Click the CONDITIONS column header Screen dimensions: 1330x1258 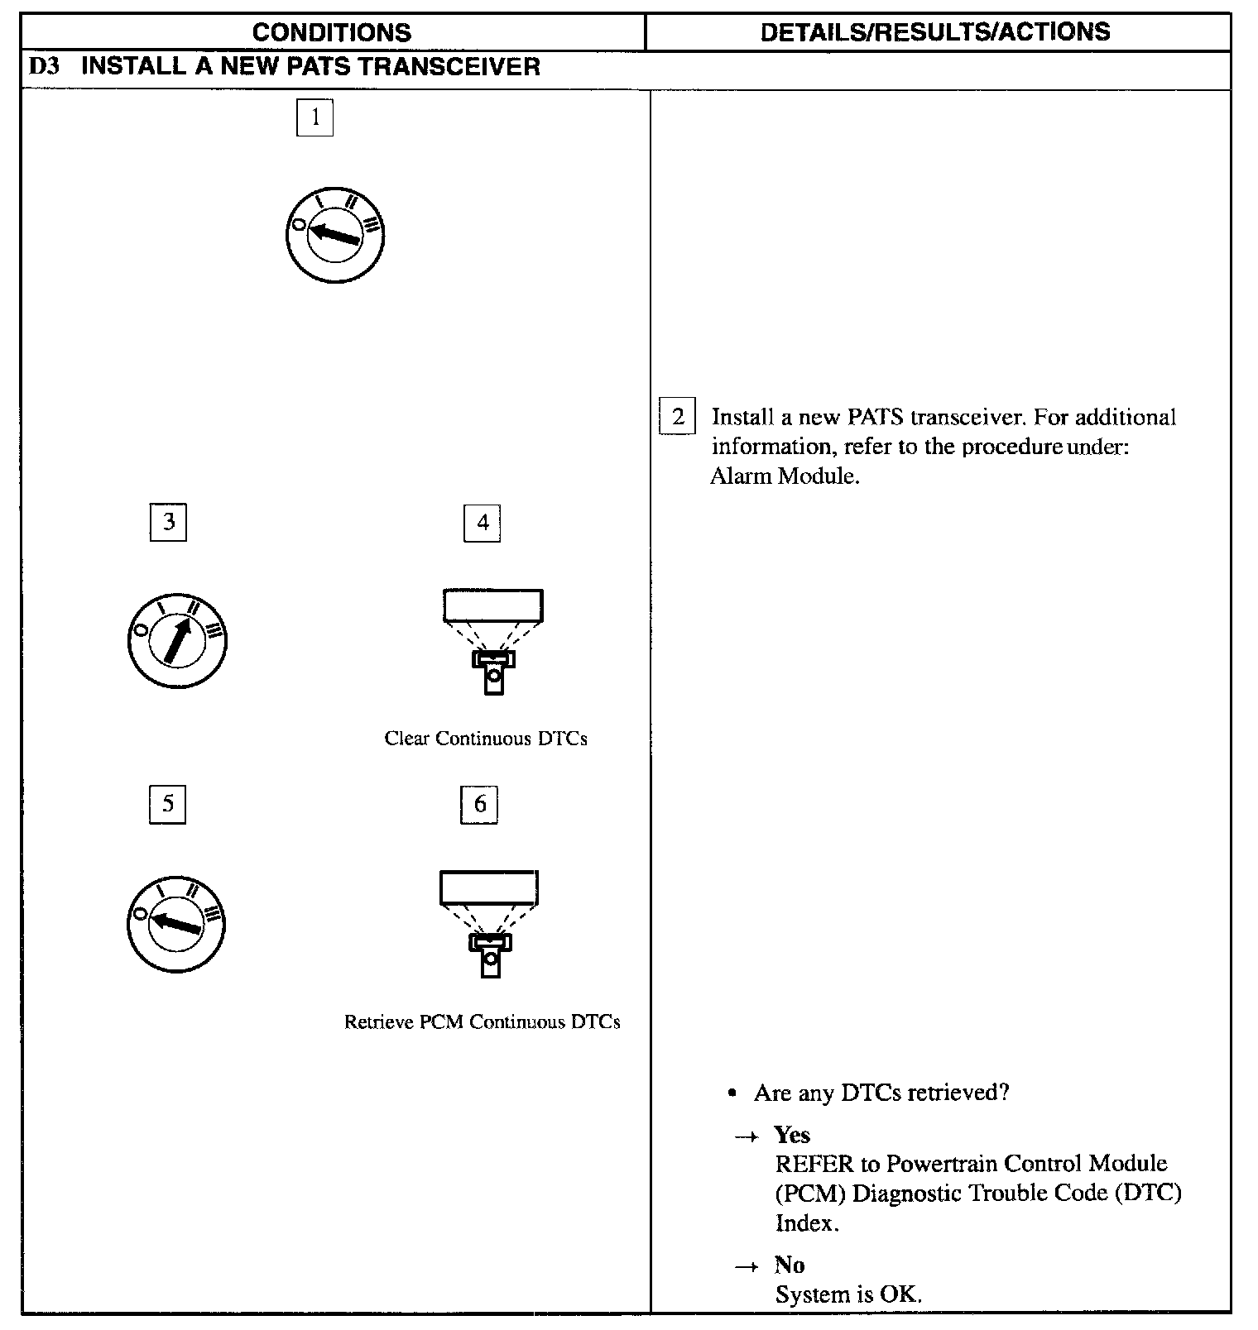[x=332, y=32]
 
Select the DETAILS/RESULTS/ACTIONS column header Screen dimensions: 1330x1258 [x=935, y=31]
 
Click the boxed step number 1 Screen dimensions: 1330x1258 [x=314, y=117]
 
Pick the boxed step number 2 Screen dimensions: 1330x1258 [x=678, y=416]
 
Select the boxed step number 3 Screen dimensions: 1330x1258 [x=168, y=522]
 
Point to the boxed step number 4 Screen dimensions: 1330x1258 [x=483, y=522]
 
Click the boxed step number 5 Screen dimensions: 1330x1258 [x=167, y=804]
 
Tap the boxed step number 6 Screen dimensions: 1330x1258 [x=479, y=804]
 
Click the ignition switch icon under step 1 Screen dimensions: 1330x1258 [x=335, y=233]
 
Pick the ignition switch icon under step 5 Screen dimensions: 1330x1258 [x=176, y=922]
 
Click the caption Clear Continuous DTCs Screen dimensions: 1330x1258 [x=486, y=739]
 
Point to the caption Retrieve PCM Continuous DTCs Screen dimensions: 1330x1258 [x=482, y=1022]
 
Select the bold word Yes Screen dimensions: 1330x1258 [x=792, y=1135]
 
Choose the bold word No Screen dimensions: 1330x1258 [x=790, y=1265]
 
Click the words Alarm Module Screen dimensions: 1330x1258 [x=785, y=476]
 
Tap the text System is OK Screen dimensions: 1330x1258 [x=848, y=1294]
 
